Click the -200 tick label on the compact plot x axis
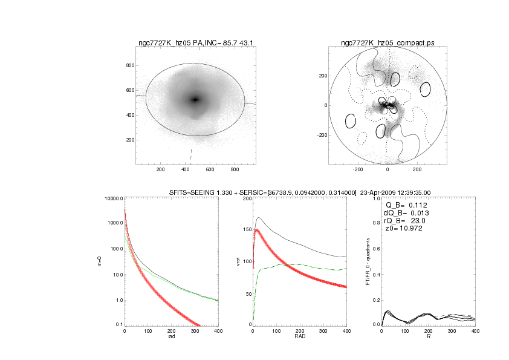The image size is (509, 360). click(x=358, y=170)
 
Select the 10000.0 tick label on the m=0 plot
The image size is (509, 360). click(x=113, y=198)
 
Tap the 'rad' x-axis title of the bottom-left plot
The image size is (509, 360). click(x=172, y=337)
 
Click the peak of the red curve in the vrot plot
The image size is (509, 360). click(x=257, y=231)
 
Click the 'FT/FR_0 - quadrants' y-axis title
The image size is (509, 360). click(x=366, y=261)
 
